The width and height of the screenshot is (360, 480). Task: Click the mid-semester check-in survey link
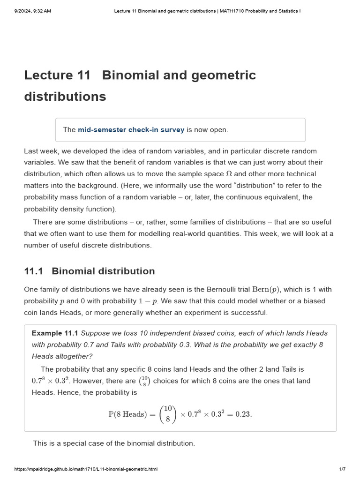click(131, 130)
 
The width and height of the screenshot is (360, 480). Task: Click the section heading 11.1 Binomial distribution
click(89, 271)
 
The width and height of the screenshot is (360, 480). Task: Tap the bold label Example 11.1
click(54, 333)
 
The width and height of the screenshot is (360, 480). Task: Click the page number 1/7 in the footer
click(342, 469)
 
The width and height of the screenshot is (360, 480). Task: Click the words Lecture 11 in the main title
click(55, 75)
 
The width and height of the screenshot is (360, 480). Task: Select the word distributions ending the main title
click(65, 97)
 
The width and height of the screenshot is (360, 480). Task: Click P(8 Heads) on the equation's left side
click(127, 414)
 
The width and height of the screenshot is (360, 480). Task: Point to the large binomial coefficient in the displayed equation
click(167, 414)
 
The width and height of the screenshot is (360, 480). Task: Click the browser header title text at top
click(207, 11)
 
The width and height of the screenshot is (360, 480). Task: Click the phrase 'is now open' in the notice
click(207, 130)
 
